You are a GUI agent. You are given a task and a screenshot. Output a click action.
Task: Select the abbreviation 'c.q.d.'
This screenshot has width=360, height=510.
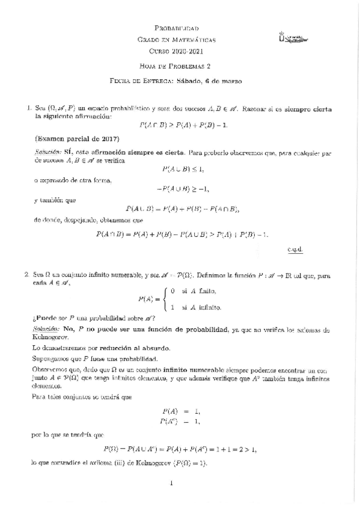[x=296, y=248]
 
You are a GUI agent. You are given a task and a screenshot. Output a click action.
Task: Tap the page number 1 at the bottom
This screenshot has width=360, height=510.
[x=171, y=482]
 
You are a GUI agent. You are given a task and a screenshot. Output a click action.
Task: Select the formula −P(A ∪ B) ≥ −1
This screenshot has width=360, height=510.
[x=182, y=189]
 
